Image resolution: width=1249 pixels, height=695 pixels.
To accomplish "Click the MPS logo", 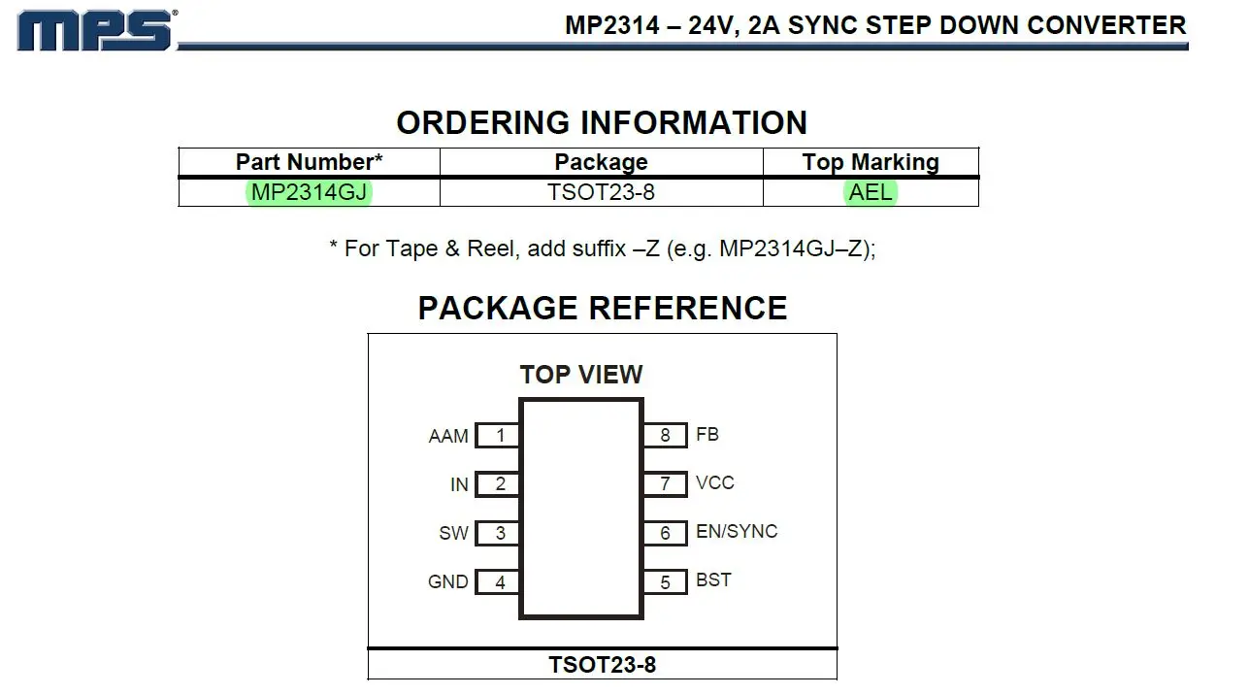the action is [95, 30].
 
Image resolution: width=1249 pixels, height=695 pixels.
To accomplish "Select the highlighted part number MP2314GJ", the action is [309, 192].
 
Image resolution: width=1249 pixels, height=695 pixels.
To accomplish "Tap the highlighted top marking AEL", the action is [871, 192].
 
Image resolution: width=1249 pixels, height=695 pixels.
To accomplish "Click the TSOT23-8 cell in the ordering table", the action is [601, 192].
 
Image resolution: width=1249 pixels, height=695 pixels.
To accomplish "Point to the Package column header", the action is [601, 162].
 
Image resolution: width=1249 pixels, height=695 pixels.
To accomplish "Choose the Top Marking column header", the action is [871, 162].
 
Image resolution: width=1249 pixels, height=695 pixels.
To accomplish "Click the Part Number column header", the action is [309, 162].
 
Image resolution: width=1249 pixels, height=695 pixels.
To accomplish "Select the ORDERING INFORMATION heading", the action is [602, 123].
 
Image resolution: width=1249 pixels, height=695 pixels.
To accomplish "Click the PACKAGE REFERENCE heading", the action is [602, 308].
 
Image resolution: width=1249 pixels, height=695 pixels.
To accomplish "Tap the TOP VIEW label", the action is [580, 375].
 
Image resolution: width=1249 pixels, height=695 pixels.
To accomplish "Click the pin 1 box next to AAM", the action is [498, 436].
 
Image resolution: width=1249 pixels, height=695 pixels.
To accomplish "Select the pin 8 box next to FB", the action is [665, 435].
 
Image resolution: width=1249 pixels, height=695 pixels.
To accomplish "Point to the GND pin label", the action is [448, 582].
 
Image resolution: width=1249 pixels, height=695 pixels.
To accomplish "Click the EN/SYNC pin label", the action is [737, 532].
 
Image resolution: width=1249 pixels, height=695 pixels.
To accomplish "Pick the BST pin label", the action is [713, 580].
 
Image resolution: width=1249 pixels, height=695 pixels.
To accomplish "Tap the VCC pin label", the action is [715, 483].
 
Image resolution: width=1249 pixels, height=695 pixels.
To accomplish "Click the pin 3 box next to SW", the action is [498, 533].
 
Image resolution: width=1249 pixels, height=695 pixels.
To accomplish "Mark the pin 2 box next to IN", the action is [498, 484].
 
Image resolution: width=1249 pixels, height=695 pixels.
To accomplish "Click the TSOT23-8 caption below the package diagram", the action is [602, 665].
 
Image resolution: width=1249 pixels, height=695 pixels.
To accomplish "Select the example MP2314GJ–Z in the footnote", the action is [791, 248].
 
